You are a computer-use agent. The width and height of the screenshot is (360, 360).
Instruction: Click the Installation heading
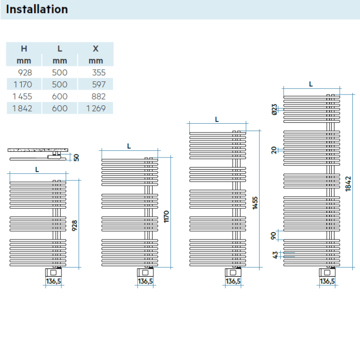click(x=37, y=9)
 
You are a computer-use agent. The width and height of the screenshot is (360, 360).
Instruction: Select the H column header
click(x=24, y=49)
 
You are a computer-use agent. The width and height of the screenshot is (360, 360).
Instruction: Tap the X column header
click(x=95, y=49)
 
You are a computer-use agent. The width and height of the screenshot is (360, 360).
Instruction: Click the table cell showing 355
click(x=98, y=72)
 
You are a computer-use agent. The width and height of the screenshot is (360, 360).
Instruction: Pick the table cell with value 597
click(x=98, y=85)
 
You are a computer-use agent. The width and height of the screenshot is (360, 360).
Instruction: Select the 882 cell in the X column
click(x=98, y=96)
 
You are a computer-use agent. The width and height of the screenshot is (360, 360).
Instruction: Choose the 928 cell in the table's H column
click(x=25, y=72)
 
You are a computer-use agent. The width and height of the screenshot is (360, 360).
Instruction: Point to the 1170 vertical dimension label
click(x=167, y=216)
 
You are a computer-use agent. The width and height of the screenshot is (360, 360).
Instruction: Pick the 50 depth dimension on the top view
click(x=76, y=157)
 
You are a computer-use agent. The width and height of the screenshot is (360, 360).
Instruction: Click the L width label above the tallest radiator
click(x=311, y=84)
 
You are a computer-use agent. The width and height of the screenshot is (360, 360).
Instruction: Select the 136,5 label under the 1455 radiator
click(x=233, y=282)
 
